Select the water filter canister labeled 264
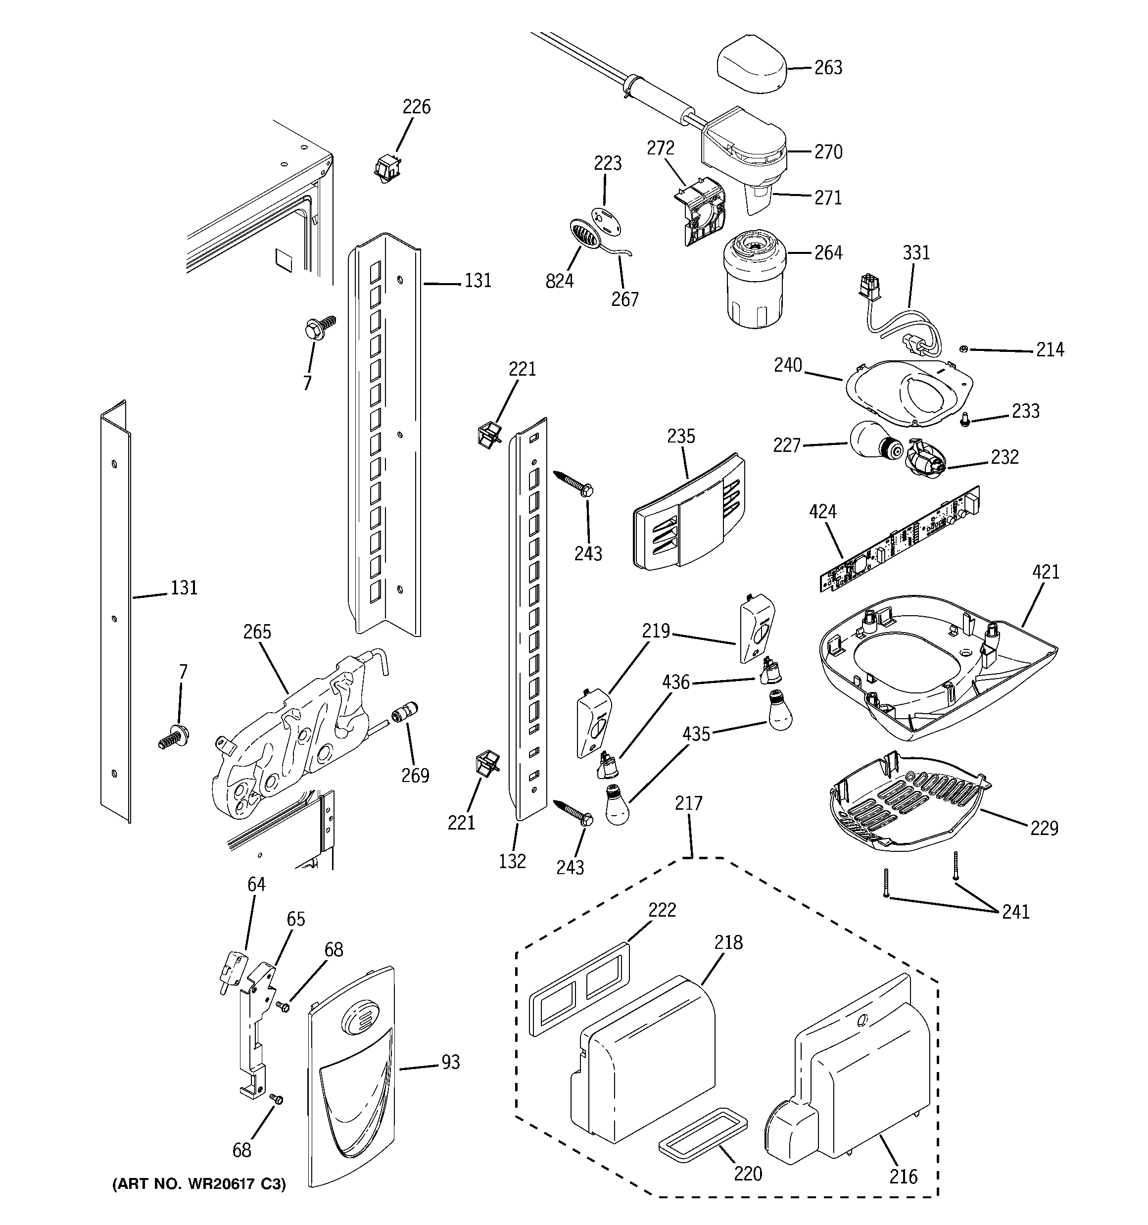click(754, 284)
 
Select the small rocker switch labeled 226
click(386, 168)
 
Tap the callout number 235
click(680, 436)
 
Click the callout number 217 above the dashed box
click(688, 803)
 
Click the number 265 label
click(257, 632)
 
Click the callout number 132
click(512, 861)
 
